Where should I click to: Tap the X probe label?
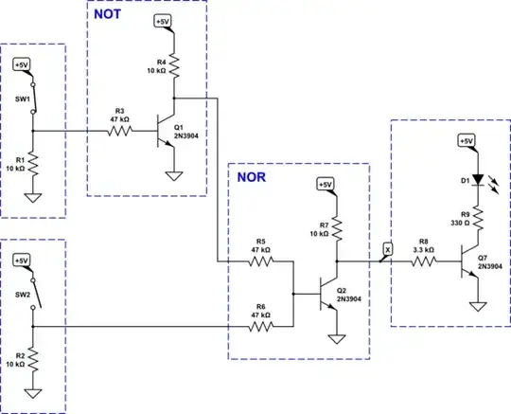[385, 247]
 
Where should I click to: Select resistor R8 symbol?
[423, 259]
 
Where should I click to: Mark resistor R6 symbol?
[262, 327]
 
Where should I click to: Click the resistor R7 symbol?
[337, 225]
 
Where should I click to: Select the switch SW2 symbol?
[32, 295]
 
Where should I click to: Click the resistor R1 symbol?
[32, 163]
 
